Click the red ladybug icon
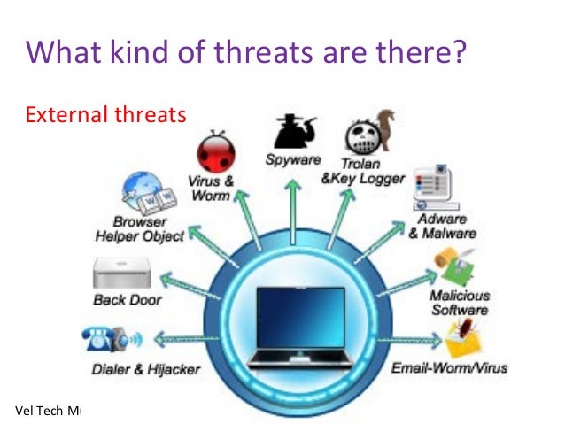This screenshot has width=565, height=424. pyautogui.click(x=215, y=152)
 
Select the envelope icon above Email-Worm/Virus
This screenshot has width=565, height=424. pyautogui.click(x=464, y=340)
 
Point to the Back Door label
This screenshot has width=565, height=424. pyautogui.click(x=128, y=300)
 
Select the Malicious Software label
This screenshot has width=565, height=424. pyautogui.click(x=459, y=303)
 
